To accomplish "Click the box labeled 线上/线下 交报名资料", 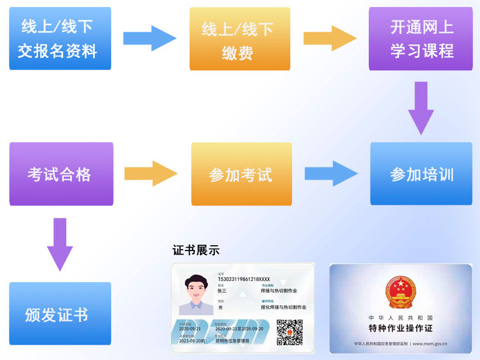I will pyautogui.click(x=60, y=39).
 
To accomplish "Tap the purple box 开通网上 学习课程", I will pyautogui.click(x=420, y=39).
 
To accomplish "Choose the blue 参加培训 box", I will pyautogui.click(x=421, y=174).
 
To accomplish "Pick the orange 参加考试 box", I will pyautogui.click(x=241, y=174).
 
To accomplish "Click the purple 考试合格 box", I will pyautogui.click(x=61, y=174).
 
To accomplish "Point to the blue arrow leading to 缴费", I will pyautogui.click(x=149, y=38).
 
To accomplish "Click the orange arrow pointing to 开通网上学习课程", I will pyautogui.click(x=330, y=38).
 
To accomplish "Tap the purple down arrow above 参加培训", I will pyautogui.click(x=421, y=108).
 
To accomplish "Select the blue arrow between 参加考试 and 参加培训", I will pyautogui.click(x=331, y=173).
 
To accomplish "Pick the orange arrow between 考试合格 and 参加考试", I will pyautogui.click(x=150, y=173).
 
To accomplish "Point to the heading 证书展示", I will pyautogui.click(x=196, y=250).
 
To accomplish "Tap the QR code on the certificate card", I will pyautogui.click(x=289, y=332).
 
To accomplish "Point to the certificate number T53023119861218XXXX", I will pyautogui.click(x=244, y=279).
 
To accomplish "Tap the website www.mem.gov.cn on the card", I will pyautogui.click(x=430, y=344).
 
